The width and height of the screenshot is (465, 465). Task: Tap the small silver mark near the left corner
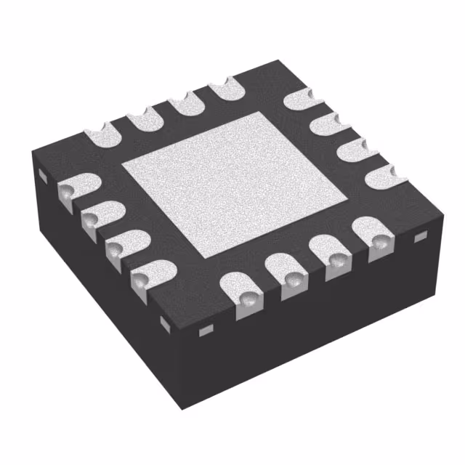coord(41,175)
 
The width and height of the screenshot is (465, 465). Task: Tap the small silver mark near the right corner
coord(418,237)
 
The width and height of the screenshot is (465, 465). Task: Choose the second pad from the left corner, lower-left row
coord(97,217)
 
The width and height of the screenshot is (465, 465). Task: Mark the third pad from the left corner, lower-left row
coord(121,244)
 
